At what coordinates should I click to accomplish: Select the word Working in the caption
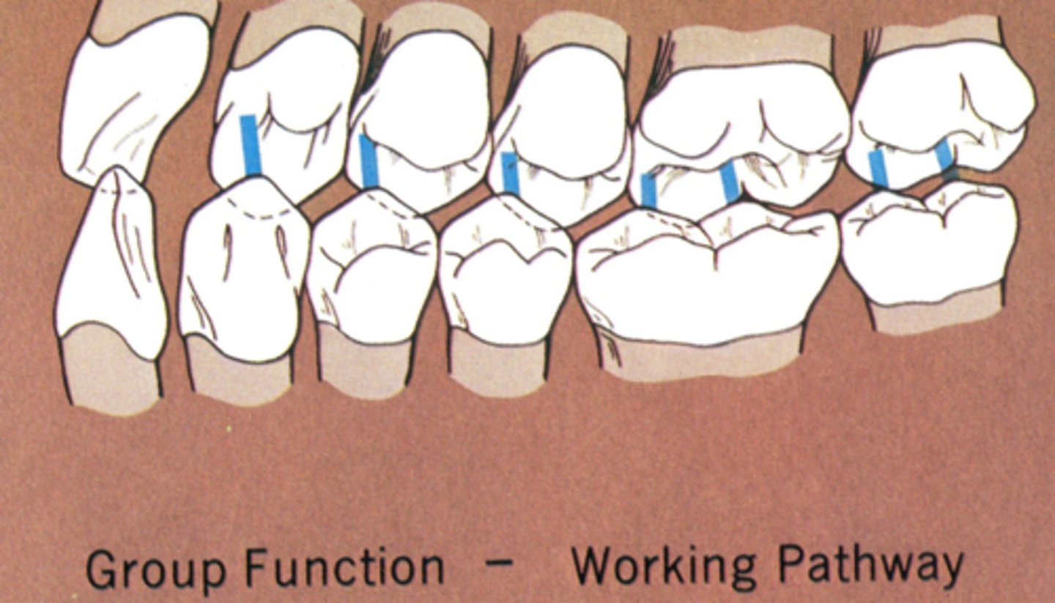click(x=662, y=566)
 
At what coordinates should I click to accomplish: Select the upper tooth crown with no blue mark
click(x=136, y=95)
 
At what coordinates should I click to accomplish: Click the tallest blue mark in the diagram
click(x=251, y=145)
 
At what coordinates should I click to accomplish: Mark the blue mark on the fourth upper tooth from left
click(x=510, y=174)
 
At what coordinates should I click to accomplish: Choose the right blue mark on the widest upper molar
click(x=730, y=182)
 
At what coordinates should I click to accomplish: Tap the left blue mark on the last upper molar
click(x=878, y=169)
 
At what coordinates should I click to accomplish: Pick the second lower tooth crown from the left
click(x=242, y=271)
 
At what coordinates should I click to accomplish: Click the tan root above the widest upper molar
click(x=751, y=48)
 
